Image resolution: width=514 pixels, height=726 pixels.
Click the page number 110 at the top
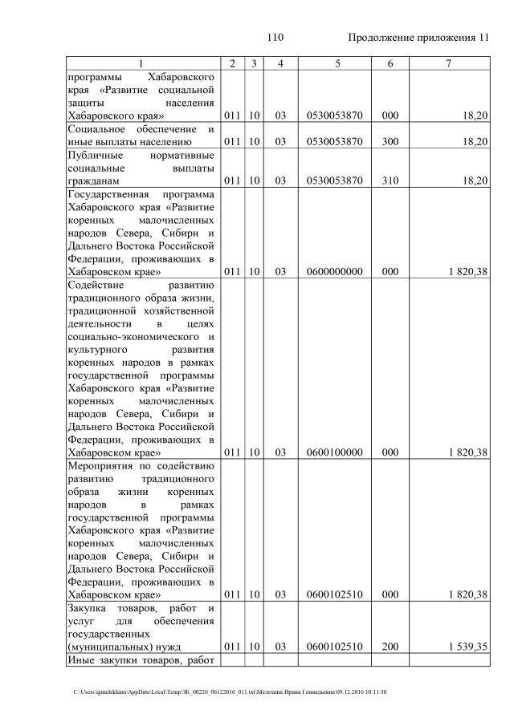pyautogui.click(x=275, y=38)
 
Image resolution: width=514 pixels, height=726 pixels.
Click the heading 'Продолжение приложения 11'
pyautogui.click(x=418, y=38)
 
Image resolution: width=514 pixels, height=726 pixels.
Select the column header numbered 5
pyautogui.click(x=335, y=63)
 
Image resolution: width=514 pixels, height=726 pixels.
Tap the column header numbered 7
pyautogui.click(x=449, y=63)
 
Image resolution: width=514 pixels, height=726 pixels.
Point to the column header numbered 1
pyautogui.click(x=141, y=63)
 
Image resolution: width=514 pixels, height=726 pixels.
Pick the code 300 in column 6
pyautogui.click(x=390, y=142)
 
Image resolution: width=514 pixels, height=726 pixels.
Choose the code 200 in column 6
pyautogui.click(x=390, y=647)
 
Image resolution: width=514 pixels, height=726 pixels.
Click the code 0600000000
pyautogui.click(x=335, y=272)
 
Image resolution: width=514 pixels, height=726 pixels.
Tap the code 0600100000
pyautogui.click(x=335, y=452)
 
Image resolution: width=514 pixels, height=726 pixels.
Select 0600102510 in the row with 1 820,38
pyautogui.click(x=335, y=594)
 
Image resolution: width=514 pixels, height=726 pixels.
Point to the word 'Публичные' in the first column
pyautogui.click(x=94, y=155)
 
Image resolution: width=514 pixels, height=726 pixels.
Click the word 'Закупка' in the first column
pyautogui.click(x=88, y=608)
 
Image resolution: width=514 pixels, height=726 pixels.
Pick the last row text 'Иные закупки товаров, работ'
pyautogui.click(x=141, y=660)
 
